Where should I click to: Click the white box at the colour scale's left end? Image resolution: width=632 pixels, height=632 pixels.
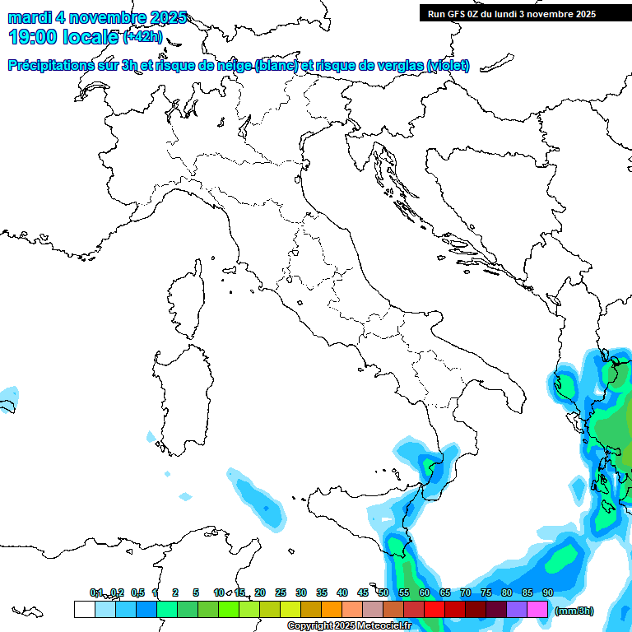pos(84,610)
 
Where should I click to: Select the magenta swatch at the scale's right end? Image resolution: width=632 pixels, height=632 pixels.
pos(537,610)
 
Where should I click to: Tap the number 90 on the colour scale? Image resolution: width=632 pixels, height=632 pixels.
pos(548,592)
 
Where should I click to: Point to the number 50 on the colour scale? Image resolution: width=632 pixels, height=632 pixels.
pos(383,592)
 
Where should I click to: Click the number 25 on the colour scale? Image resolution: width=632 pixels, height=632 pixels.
pos(281,592)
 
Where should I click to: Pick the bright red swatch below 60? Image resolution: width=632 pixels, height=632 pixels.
pos(434,610)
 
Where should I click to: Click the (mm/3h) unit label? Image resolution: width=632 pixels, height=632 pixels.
pos(574,611)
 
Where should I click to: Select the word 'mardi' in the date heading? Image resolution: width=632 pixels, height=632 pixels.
pos(28,17)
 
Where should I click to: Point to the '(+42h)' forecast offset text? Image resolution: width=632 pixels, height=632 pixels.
pos(143,37)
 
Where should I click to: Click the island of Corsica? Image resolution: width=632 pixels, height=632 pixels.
pos(186,300)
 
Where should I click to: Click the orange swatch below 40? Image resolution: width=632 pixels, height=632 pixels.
pos(332,610)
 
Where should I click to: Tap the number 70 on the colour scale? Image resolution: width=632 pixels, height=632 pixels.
pos(466,592)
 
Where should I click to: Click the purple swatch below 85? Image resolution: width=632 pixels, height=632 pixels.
pos(517,610)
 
